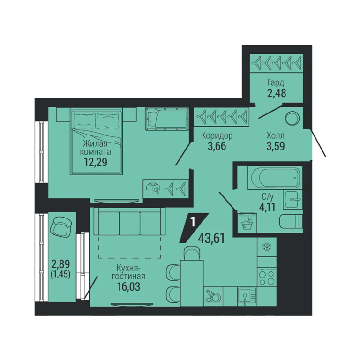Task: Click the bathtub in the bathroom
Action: (275, 178)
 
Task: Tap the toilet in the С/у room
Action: (291, 221)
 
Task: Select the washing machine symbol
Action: (247, 223)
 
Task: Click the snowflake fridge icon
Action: (267, 247)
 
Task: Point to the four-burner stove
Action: (267, 277)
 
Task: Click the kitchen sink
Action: (247, 296)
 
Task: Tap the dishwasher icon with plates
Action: (213, 296)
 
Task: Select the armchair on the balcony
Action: (61, 227)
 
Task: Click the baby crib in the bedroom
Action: (167, 119)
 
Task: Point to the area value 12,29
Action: (96, 162)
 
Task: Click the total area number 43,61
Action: (211, 239)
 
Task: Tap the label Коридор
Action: (217, 136)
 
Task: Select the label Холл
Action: (275, 135)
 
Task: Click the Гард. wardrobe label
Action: (277, 82)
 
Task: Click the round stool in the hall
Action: (292, 119)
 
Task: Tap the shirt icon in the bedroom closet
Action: (152, 188)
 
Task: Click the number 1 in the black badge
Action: (193, 222)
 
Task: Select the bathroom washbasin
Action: (292, 199)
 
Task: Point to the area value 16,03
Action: (128, 287)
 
